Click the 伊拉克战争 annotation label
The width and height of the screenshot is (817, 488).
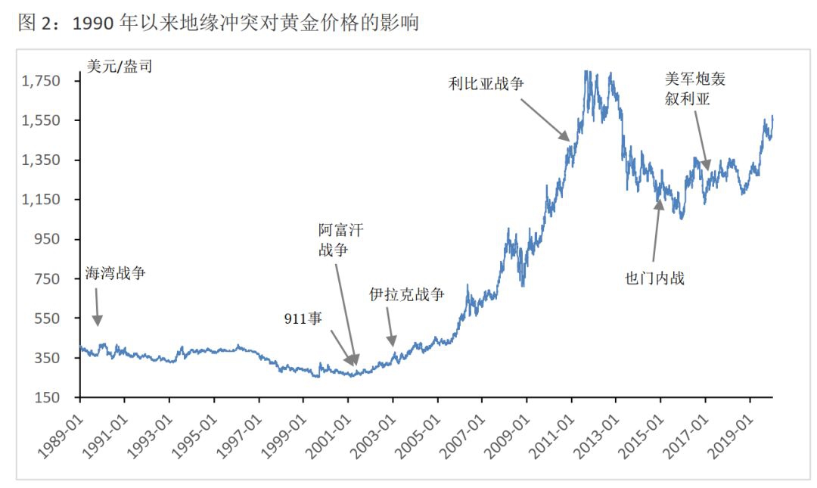click(406, 294)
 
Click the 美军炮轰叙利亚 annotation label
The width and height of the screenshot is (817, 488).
click(694, 89)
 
